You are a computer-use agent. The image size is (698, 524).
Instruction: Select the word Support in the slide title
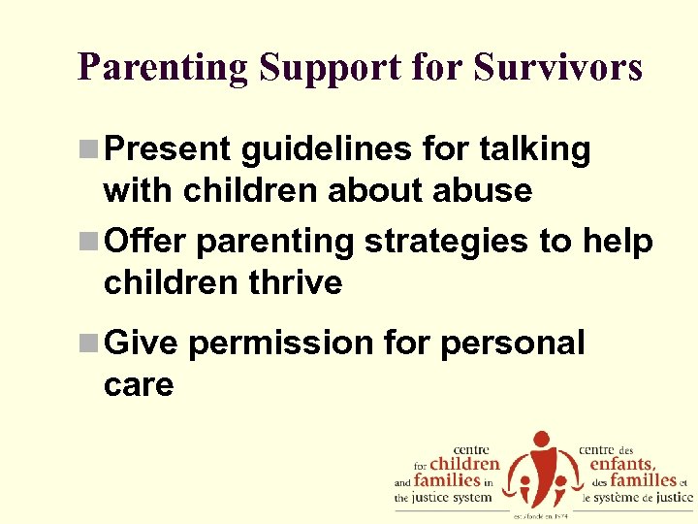coord(311,67)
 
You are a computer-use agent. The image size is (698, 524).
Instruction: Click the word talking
coord(535,149)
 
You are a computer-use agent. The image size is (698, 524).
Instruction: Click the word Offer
coord(145,241)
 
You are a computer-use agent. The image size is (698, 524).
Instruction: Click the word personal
coord(513,343)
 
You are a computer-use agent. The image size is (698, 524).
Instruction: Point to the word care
coord(138,384)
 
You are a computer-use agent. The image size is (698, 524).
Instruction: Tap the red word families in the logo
coord(447,479)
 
